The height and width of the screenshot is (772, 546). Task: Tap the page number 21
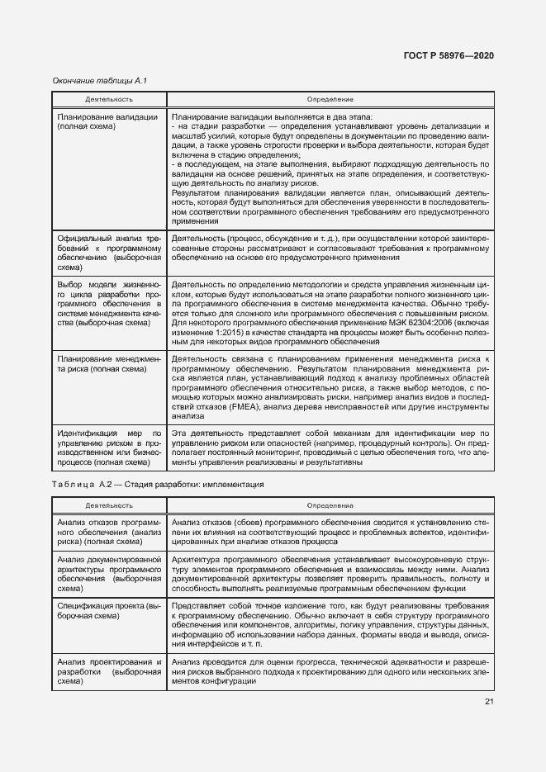click(489, 702)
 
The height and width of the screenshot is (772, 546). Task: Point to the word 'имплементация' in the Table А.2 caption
click(233, 485)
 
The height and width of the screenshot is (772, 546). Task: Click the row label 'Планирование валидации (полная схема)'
click(107, 123)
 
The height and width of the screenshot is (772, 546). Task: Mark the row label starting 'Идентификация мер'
click(107, 447)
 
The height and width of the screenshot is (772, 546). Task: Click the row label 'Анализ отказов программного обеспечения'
click(107, 535)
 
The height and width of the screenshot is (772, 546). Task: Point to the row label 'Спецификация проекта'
click(107, 612)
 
